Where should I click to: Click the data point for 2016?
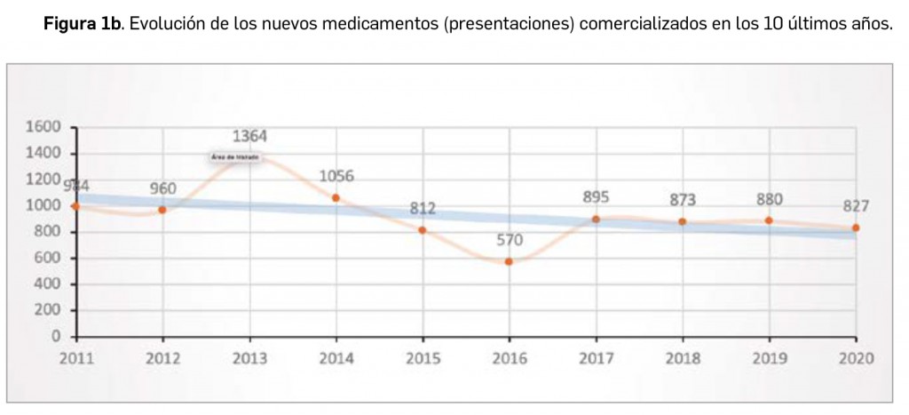[x=509, y=261]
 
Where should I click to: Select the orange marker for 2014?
[x=336, y=198]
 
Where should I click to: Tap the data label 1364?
[x=249, y=137]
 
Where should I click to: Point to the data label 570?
[x=509, y=240]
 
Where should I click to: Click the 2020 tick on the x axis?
[x=856, y=358]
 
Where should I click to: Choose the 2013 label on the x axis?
[x=249, y=358]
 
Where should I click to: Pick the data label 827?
[x=856, y=206]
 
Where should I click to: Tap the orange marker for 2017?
[x=596, y=219]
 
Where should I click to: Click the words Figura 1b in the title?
[x=83, y=23]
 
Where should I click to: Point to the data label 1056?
[x=336, y=176]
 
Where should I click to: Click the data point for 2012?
[x=162, y=210]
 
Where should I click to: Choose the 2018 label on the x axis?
[x=683, y=358]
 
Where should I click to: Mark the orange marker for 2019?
[x=769, y=220]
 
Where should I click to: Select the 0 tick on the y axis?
[x=56, y=338]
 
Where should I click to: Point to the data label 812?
[x=423, y=209]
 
